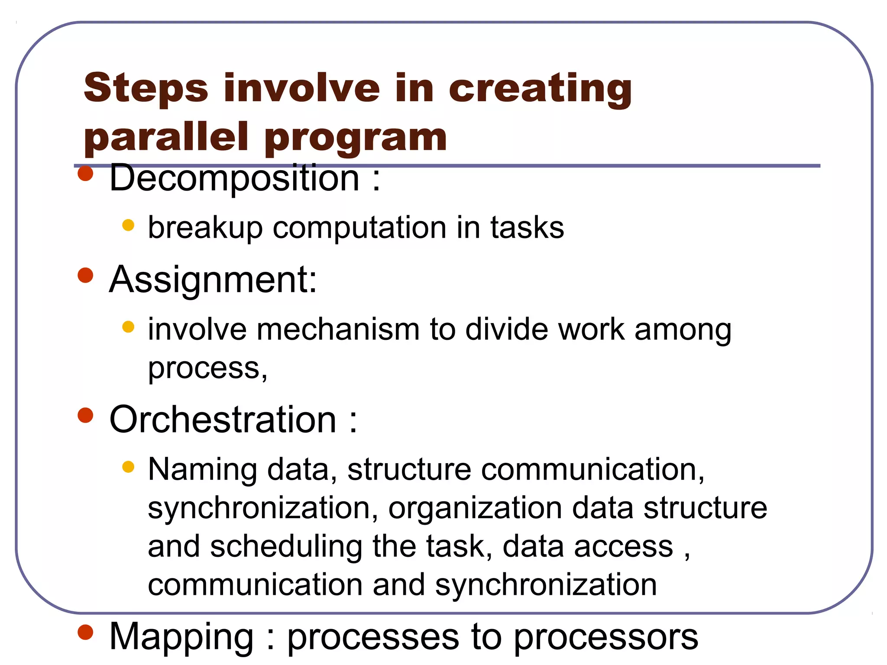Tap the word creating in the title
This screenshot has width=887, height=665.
(x=540, y=89)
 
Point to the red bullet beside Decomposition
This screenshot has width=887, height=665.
(x=86, y=174)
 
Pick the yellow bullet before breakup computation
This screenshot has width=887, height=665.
(x=128, y=225)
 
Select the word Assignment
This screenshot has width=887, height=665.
(x=213, y=280)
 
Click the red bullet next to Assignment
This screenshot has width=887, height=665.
(x=86, y=275)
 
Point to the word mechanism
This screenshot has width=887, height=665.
(x=338, y=330)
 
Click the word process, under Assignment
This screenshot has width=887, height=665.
(x=207, y=369)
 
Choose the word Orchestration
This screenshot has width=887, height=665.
(x=223, y=420)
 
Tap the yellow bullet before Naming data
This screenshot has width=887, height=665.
(x=128, y=467)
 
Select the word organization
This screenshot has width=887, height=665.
(x=475, y=508)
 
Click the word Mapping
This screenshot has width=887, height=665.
(x=181, y=637)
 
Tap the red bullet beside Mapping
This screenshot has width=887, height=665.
(x=86, y=632)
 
